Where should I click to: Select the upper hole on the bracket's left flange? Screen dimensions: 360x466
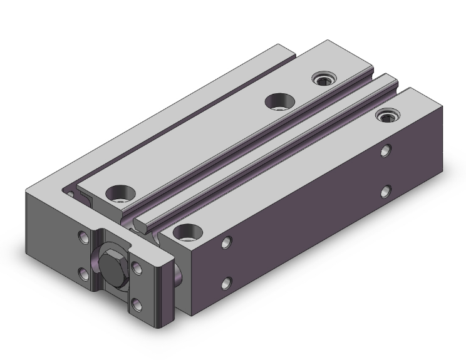[83, 238]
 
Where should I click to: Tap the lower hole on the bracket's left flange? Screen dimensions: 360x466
[83, 272]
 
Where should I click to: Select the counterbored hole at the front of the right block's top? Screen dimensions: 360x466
[186, 234]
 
